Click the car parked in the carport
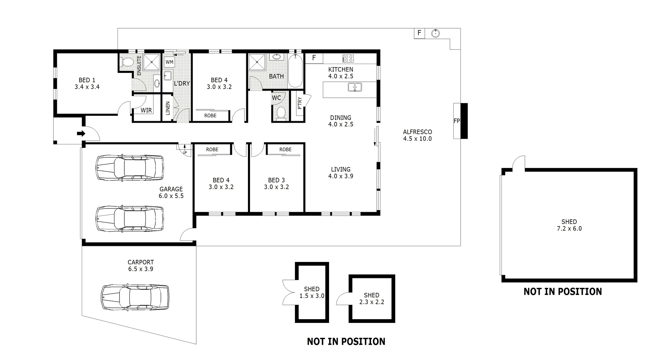pos(135,297)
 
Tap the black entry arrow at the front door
pos(81,134)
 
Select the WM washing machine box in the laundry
pos(169,62)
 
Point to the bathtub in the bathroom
pos(295,72)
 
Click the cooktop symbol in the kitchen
pos(348,58)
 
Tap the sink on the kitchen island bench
pos(355,88)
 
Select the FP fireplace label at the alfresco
pos(457,121)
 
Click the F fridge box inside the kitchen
pos(314,58)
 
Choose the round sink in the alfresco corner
pos(435,33)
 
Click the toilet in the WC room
pos(281,113)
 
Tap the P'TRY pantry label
pos(300,103)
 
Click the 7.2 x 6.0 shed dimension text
pos(569,229)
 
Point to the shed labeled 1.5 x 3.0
pos(312,293)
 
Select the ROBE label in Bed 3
pos(285,150)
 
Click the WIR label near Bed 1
pos(146,110)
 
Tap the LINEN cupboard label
pos(168,108)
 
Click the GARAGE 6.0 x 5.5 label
pos(171,192)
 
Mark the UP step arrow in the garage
pos(185,150)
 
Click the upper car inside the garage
pos(129,168)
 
